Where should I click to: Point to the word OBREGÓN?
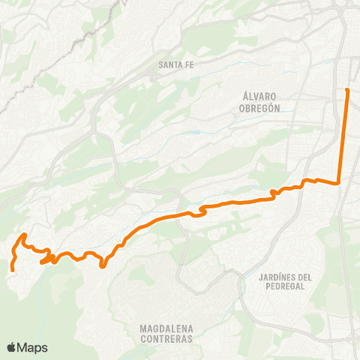[x=261, y=107]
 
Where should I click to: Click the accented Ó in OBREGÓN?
[x=275, y=107]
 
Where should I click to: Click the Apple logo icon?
[x=11, y=347]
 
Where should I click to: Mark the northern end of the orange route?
[x=347, y=91]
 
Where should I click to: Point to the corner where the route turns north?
[x=339, y=181]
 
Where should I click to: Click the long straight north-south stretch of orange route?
[x=343, y=135]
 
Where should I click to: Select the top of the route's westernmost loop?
[x=25, y=235]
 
